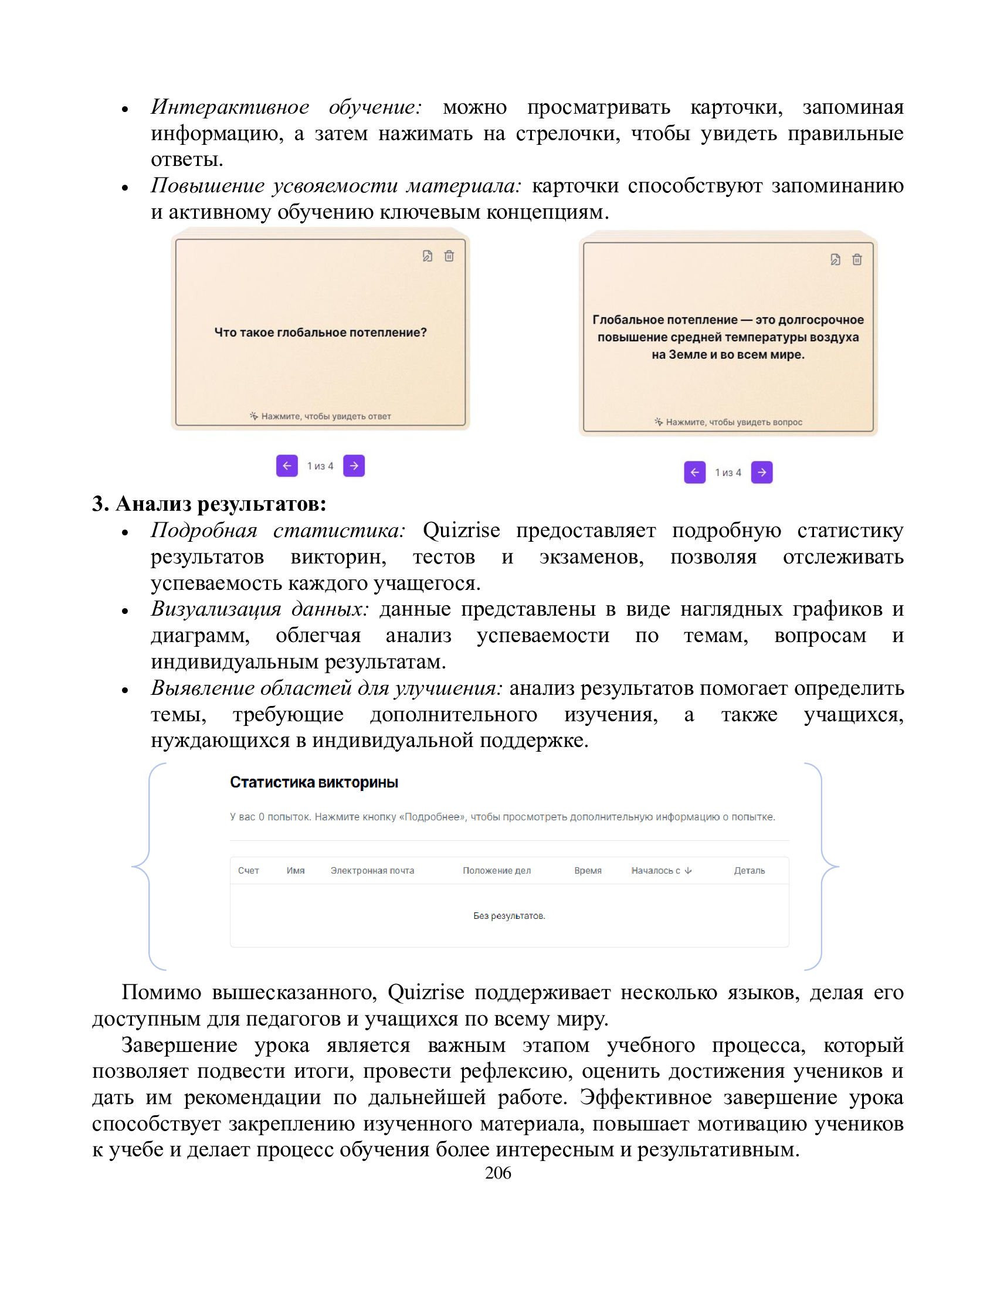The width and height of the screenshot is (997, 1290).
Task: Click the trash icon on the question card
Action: click(x=449, y=256)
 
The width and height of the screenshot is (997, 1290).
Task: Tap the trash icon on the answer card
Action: click(x=857, y=259)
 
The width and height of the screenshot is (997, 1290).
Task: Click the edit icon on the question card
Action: click(x=428, y=256)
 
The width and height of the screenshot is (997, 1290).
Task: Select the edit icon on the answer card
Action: click(x=835, y=259)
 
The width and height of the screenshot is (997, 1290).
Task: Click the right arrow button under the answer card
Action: click(x=761, y=472)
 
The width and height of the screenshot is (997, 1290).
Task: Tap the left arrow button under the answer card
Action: click(x=694, y=472)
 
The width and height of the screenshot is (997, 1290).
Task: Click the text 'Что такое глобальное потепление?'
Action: click(x=320, y=332)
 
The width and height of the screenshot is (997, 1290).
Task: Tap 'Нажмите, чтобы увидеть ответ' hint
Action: click(x=325, y=416)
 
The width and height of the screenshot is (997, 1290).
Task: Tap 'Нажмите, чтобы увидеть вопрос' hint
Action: click(x=734, y=422)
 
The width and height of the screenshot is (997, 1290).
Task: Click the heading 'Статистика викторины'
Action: click(x=314, y=783)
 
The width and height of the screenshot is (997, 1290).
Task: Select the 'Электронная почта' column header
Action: click(x=372, y=871)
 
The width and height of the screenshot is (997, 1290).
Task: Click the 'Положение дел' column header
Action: click(x=497, y=871)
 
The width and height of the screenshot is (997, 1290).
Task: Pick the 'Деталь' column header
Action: click(x=749, y=871)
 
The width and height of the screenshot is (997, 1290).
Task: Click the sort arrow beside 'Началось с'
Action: click(x=688, y=871)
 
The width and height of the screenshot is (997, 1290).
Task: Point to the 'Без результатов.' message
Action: click(x=508, y=916)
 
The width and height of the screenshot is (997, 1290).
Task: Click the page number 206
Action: click(x=498, y=1173)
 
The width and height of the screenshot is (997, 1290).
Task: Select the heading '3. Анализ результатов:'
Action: click(x=209, y=504)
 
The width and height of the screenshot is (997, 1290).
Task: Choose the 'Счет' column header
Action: click(x=249, y=871)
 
